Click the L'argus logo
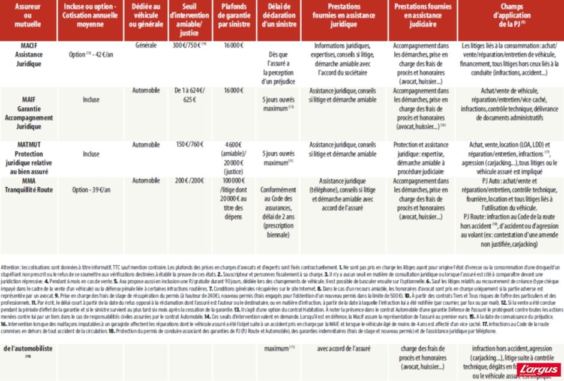click(536, 368)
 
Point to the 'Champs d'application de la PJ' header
click(511, 18)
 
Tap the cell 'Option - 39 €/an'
click(91, 190)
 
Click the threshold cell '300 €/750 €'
click(189, 46)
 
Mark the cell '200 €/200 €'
click(188, 181)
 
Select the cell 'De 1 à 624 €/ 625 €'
click(189, 95)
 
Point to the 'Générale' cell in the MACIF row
click(146, 46)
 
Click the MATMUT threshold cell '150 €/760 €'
click(188, 145)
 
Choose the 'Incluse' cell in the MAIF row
click(91, 100)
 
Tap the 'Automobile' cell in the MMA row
click(146, 181)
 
